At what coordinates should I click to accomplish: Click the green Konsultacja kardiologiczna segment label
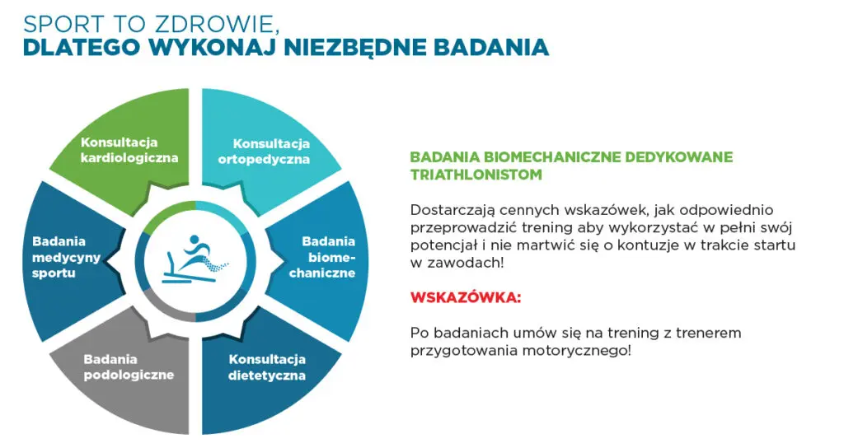pyautogui.click(x=129, y=150)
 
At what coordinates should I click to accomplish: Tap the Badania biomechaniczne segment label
pyautogui.click(x=328, y=257)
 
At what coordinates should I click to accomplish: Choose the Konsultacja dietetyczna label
pyautogui.click(x=267, y=367)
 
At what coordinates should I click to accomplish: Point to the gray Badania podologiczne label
pyautogui.click(x=129, y=367)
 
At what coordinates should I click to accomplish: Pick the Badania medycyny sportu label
pyautogui.click(x=67, y=257)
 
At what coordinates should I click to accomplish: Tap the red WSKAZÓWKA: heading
pyautogui.click(x=466, y=297)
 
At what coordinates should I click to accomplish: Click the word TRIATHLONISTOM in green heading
pyautogui.click(x=476, y=175)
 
